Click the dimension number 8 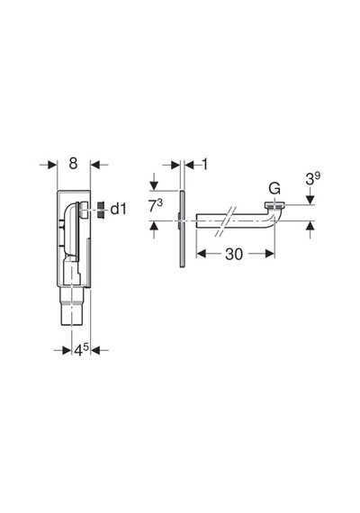73,163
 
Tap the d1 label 118,209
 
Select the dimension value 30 234,254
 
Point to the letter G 274,189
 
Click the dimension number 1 205,164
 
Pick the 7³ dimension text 156,206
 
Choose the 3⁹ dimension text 312,178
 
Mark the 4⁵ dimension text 82,350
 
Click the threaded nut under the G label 274,206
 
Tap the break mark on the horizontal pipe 226,221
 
